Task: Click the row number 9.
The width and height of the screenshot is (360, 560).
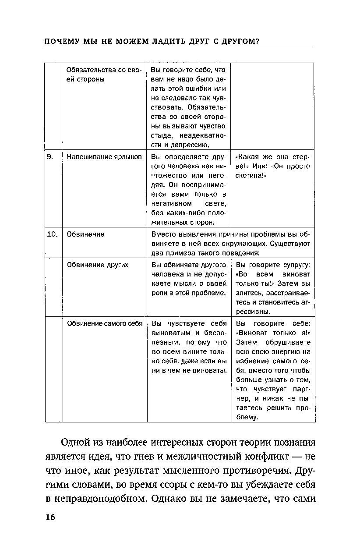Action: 49,157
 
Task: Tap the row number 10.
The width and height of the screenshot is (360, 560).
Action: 52,234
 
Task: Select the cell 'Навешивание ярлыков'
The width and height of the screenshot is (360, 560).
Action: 104,157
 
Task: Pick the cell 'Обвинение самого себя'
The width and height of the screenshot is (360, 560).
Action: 105,324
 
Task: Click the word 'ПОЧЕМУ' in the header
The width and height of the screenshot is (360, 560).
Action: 60,42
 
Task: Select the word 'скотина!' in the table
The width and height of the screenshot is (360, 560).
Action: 251,176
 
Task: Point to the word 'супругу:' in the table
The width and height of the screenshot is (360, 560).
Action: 295,265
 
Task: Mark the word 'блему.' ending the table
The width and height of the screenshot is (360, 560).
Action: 246,418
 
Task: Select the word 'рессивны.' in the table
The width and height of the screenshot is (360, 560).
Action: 253,312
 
